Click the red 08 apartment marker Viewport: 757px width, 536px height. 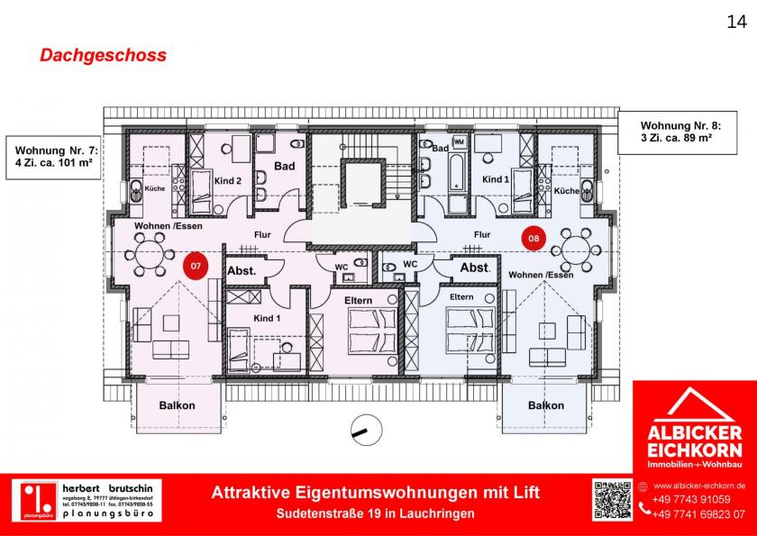[x=534, y=239]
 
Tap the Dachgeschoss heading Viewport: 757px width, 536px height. [x=103, y=55]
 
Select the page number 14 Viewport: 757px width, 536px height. [x=736, y=23]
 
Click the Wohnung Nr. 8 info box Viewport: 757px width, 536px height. [x=688, y=132]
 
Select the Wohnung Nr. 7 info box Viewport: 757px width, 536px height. [x=52, y=156]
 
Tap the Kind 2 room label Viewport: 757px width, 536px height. [x=228, y=181]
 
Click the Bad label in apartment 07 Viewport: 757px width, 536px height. [x=285, y=166]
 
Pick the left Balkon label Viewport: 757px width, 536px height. [x=178, y=405]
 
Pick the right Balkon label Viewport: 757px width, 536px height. [x=546, y=405]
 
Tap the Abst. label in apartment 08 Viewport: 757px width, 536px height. [x=475, y=268]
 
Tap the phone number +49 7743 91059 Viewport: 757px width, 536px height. [x=691, y=499]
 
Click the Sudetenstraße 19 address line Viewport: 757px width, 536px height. [x=375, y=513]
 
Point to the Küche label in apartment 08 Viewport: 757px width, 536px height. [x=567, y=191]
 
